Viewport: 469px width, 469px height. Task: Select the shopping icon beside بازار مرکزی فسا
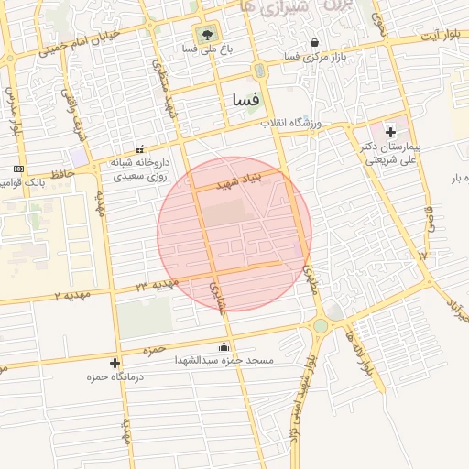point(315,42)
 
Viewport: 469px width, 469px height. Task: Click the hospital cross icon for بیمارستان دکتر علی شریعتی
point(390,133)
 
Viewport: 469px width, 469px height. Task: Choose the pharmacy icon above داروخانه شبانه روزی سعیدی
point(139,149)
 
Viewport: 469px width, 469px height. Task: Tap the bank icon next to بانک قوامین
point(18,169)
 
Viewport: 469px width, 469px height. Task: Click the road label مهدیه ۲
point(70,296)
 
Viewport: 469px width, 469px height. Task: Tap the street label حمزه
point(153,351)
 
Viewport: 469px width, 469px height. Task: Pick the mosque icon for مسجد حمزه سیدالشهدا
point(224,347)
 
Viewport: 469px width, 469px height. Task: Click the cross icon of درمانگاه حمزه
point(115,363)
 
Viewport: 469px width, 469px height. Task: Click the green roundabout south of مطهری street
point(321,325)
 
